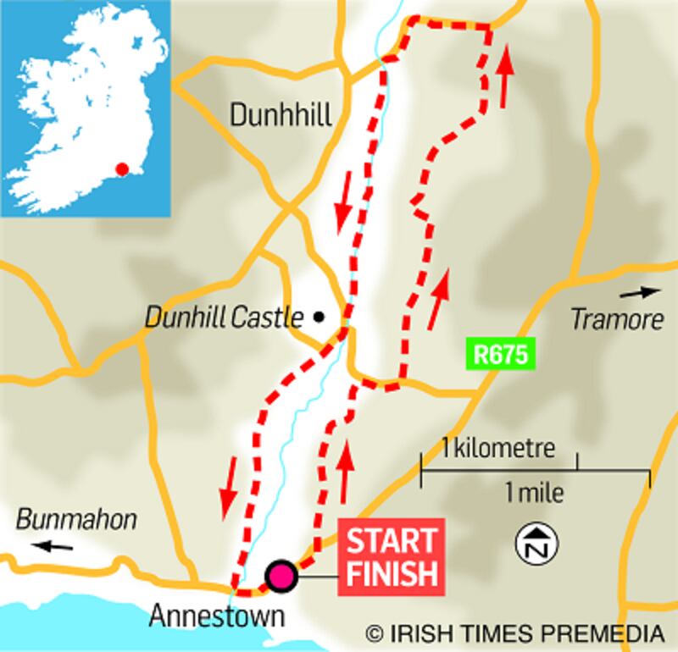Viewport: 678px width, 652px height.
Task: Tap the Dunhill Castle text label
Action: pos(224,318)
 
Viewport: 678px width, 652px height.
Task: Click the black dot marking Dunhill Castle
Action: pos(319,318)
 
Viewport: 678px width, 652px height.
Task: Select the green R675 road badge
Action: pos(500,354)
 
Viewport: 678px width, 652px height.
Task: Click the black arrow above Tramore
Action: pos(639,293)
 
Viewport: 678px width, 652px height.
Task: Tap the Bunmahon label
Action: pos(76,519)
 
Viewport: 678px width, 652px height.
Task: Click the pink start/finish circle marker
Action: pos(281,576)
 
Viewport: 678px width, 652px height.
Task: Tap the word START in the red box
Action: pos(391,540)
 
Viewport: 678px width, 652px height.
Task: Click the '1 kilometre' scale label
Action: pos(497,447)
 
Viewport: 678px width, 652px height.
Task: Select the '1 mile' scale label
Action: pos(534,492)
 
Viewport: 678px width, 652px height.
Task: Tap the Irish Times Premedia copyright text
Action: pos(514,633)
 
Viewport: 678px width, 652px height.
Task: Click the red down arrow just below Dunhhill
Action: pos(343,207)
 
